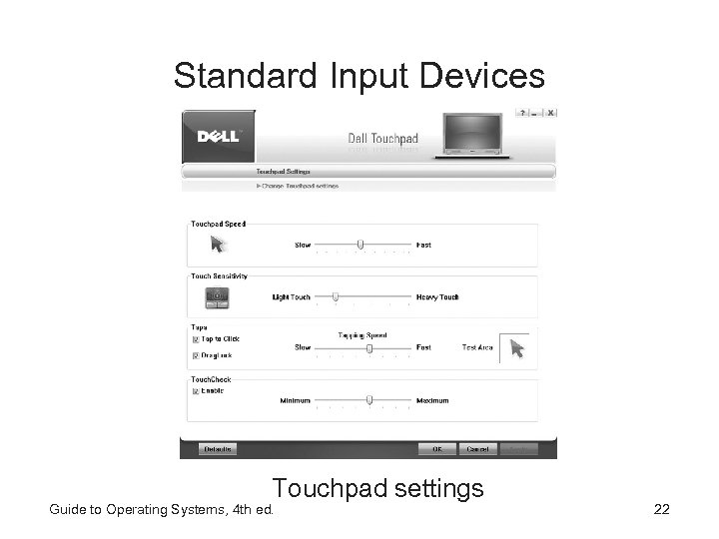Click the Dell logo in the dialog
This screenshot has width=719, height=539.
click(218, 136)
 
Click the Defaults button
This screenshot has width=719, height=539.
click(218, 449)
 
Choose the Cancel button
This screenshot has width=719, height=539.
click(478, 449)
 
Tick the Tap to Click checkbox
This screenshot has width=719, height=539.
click(195, 339)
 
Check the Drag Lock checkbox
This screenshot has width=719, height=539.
click(195, 354)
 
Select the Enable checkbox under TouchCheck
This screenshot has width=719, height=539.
click(195, 391)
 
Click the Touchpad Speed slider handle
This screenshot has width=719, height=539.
click(360, 244)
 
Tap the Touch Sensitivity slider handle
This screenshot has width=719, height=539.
click(336, 296)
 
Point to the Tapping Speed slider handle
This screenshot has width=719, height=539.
click(369, 347)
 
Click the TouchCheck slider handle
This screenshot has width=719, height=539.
click(369, 399)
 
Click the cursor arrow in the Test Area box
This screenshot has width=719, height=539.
click(516, 347)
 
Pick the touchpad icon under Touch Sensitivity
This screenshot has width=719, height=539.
click(217, 295)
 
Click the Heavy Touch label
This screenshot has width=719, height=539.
click(437, 297)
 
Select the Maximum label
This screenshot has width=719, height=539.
click(432, 400)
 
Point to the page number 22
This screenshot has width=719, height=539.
click(661, 510)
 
